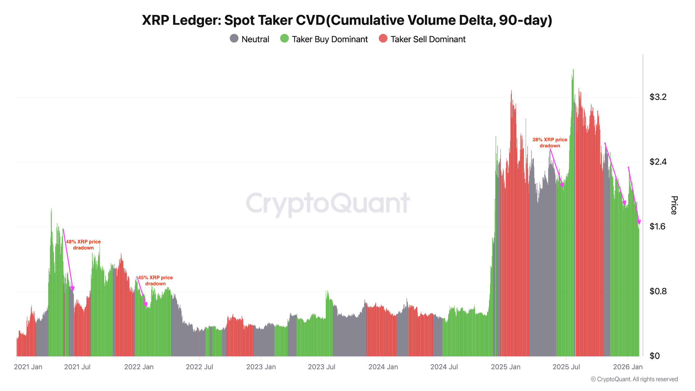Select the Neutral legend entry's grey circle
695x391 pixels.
click(x=234, y=39)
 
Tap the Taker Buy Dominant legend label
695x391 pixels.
click(x=330, y=39)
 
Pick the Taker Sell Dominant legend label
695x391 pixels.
click(x=428, y=39)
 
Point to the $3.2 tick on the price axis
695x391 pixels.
click(x=658, y=97)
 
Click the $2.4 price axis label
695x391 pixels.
click(x=658, y=162)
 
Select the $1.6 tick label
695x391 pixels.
click(x=658, y=226)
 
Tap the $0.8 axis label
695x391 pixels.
click(x=658, y=291)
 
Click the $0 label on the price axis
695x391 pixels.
click(x=654, y=356)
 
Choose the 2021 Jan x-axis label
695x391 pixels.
click(x=28, y=367)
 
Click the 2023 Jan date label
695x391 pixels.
click(x=261, y=367)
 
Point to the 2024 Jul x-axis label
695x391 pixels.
click(x=444, y=367)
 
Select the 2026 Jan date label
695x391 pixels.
click(x=628, y=367)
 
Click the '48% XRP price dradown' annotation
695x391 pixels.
click(x=83, y=245)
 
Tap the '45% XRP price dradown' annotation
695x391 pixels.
click(x=155, y=280)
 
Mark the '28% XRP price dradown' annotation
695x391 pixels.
click(x=550, y=143)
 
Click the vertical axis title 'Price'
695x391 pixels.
click(x=674, y=205)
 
